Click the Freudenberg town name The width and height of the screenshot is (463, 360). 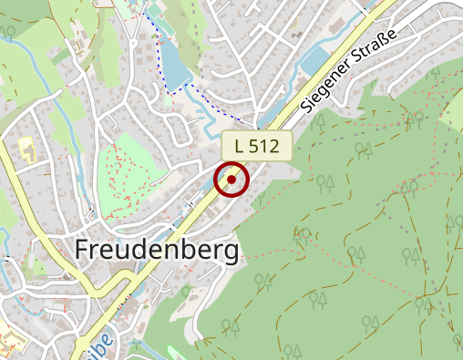coord(157,249)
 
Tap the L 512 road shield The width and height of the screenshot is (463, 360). coord(256,145)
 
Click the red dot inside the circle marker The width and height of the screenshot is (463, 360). coord(232,180)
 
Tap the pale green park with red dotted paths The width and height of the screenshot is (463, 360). coord(127,173)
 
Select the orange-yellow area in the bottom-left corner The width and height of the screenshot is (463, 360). coord(8,344)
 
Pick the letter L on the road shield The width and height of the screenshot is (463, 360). coord(240,145)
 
